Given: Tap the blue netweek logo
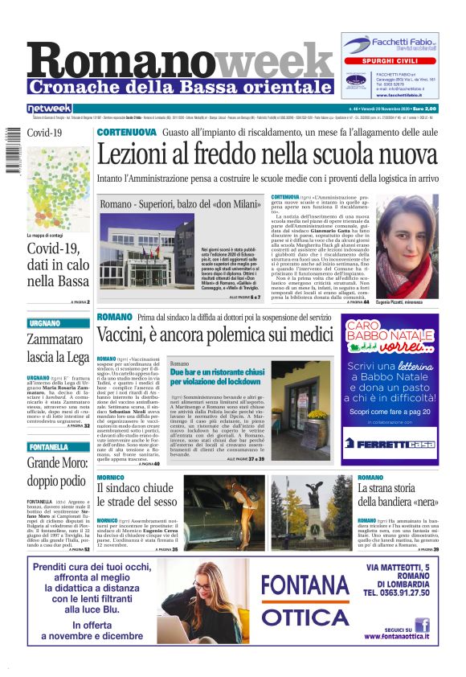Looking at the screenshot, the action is [x=49, y=108].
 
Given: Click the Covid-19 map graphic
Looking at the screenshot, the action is [x=57, y=184].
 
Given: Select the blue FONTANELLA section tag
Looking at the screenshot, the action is [x=50, y=446].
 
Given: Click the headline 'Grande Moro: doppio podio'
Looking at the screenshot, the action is [x=55, y=470].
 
